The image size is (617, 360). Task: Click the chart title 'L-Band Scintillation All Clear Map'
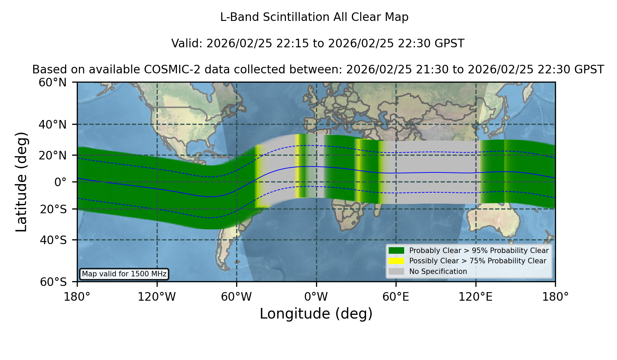pyautogui.click(x=314, y=17)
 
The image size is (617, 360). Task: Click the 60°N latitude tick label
pyautogui.click(x=52, y=82)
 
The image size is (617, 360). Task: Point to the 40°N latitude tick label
pyautogui.click(x=52, y=124)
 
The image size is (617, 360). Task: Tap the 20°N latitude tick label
pyautogui.click(x=52, y=155)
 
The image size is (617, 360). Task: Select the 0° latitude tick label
pyautogui.click(x=60, y=182)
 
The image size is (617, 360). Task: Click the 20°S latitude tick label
pyautogui.click(x=53, y=209)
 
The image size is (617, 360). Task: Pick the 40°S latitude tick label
pyautogui.click(x=53, y=240)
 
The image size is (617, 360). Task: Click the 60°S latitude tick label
pyautogui.click(x=53, y=282)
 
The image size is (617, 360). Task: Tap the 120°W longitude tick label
pyautogui.click(x=157, y=297)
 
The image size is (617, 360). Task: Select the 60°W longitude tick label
pyautogui.click(x=237, y=297)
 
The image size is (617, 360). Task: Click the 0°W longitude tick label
pyautogui.click(x=316, y=297)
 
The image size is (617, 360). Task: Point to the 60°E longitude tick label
pyautogui.click(x=396, y=297)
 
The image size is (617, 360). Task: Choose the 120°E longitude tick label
pyautogui.click(x=475, y=297)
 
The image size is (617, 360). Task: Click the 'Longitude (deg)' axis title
pyautogui.click(x=316, y=314)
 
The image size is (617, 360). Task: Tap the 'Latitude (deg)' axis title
pyautogui.click(x=22, y=182)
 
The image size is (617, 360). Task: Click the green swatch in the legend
pyautogui.click(x=396, y=250)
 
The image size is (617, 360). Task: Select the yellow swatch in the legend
pyautogui.click(x=396, y=261)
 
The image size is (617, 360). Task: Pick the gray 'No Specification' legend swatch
pyautogui.click(x=396, y=272)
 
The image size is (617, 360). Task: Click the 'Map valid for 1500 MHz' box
pyautogui.click(x=124, y=274)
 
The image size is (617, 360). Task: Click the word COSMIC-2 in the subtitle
pyautogui.click(x=167, y=70)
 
